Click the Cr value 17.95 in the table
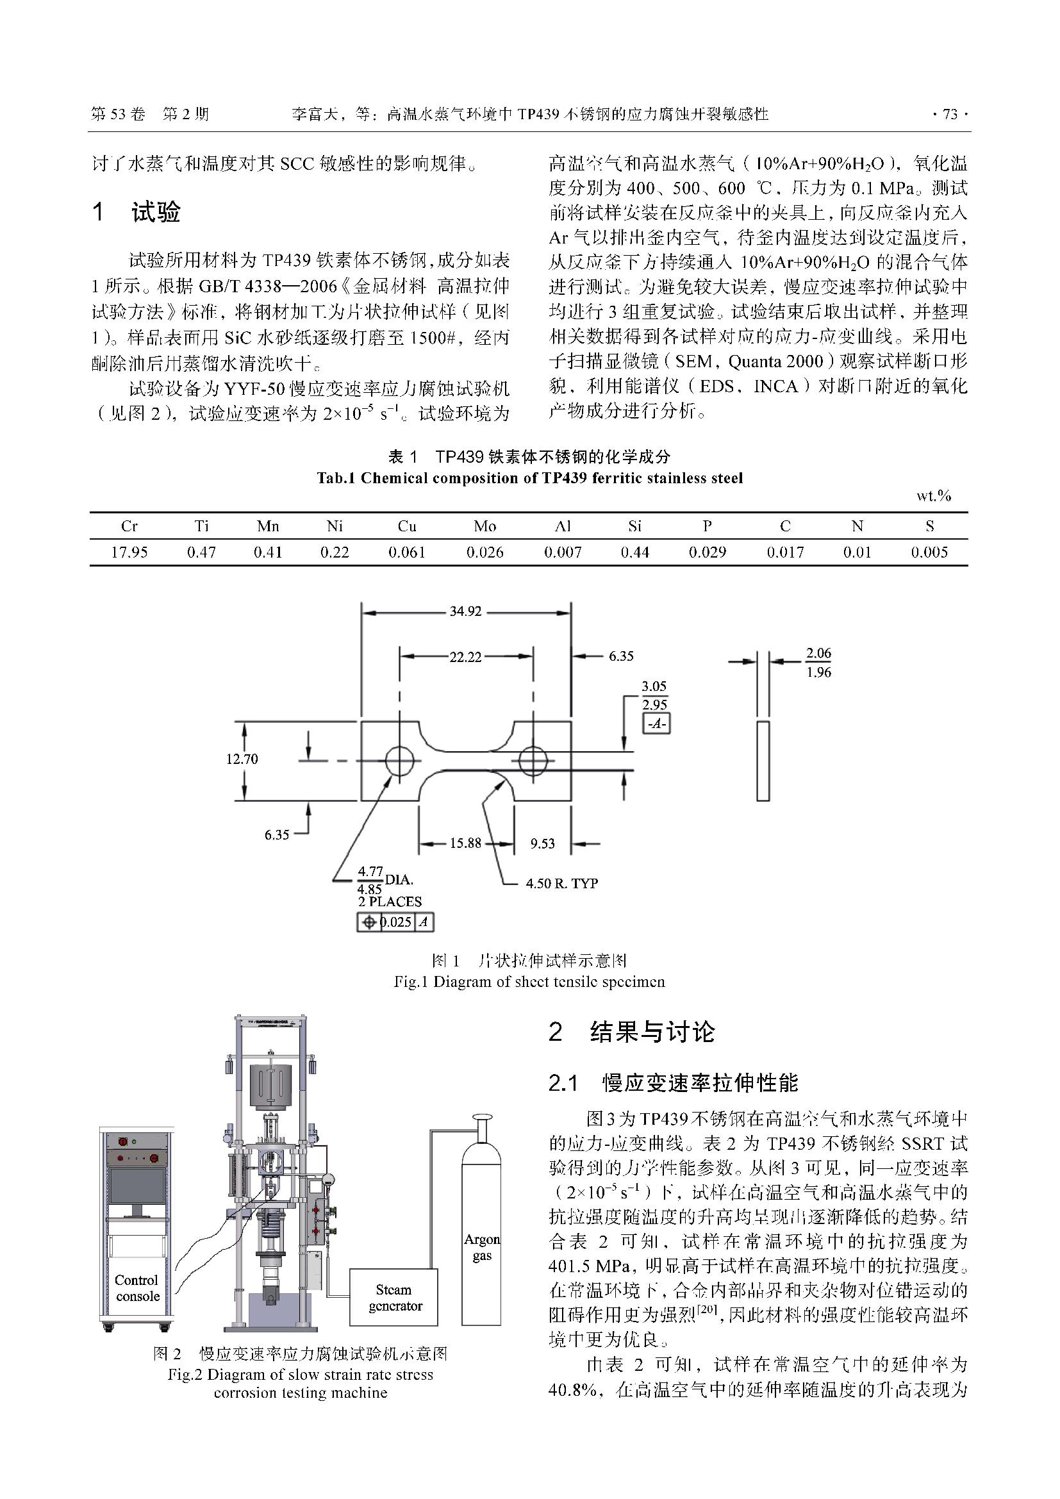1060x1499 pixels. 129,552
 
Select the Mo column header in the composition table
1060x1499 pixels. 485,526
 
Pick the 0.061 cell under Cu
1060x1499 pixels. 407,552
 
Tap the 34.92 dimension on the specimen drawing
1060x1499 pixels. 465,612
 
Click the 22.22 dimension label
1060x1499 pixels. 465,657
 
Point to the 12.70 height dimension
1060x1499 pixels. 242,759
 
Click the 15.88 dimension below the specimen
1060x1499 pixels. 465,843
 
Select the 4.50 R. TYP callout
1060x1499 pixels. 562,883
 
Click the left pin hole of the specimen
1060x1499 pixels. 399,761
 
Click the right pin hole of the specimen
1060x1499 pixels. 533,761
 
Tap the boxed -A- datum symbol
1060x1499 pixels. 656,724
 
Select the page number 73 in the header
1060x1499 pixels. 950,114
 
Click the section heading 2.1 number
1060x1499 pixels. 564,1083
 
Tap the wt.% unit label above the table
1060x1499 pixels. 933,496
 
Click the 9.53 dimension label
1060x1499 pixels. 542,843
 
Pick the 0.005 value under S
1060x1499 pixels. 929,552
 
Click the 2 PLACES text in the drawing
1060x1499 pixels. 390,902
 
